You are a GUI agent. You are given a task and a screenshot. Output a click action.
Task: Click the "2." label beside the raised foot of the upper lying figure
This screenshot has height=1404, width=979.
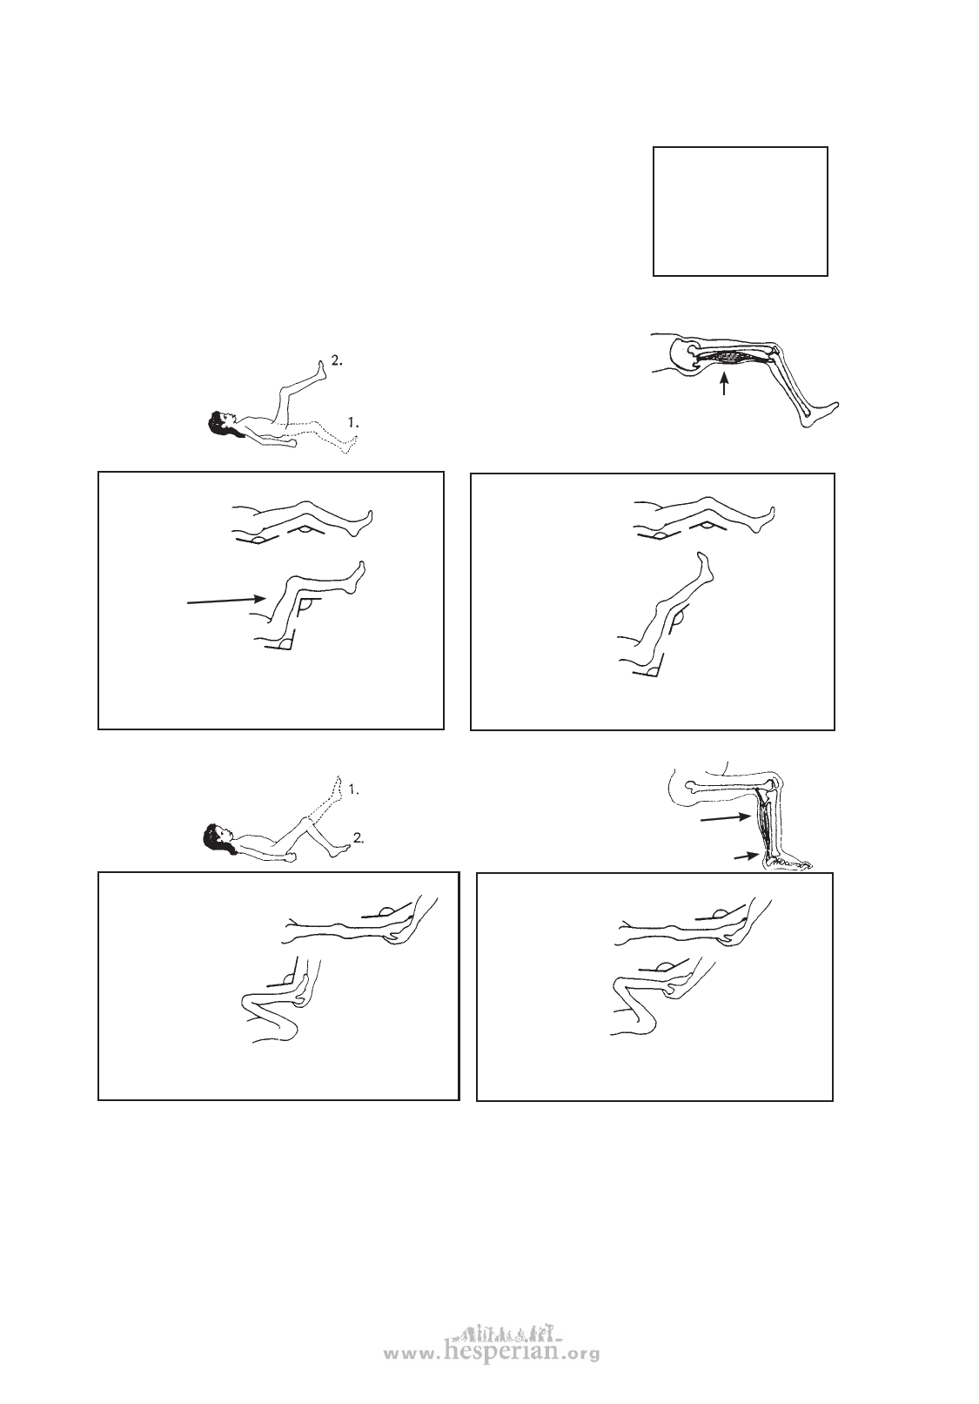click(337, 361)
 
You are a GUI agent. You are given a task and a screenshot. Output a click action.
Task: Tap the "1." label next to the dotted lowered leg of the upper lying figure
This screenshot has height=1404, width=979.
click(353, 423)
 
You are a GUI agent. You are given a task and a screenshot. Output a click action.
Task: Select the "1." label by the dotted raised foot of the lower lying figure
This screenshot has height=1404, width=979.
click(353, 789)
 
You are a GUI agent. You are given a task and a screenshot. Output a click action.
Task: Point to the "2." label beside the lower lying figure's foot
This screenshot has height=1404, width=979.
click(359, 836)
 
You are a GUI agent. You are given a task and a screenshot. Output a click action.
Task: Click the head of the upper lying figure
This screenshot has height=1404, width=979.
click(220, 420)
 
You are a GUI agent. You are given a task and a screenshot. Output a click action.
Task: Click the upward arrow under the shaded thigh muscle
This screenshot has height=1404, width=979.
click(724, 384)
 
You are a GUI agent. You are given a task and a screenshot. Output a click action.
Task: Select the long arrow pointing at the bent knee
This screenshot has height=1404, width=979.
click(225, 601)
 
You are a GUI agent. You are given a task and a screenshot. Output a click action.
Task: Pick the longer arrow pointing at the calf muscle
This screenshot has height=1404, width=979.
click(725, 818)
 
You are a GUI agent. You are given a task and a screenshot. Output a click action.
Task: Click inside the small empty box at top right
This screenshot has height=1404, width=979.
click(741, 212)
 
